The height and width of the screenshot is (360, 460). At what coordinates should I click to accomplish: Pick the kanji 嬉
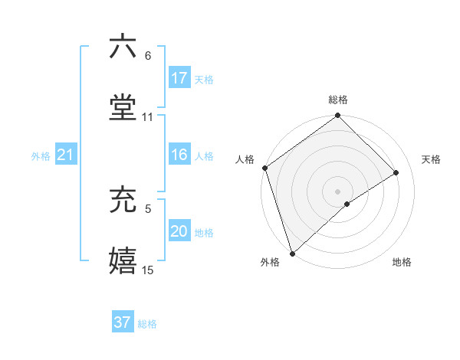pos(123,260)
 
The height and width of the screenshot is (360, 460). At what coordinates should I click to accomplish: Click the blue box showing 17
pos(179,78)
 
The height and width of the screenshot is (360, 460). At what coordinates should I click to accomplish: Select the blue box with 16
pos(179,155)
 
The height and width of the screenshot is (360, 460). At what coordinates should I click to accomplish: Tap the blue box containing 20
pos(179,232)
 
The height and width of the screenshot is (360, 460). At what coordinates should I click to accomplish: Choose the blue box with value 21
pos(65,155)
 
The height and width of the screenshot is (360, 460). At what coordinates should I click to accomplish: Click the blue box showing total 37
pos(122,322)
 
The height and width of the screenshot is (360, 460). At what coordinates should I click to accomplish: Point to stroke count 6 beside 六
pos(148,56)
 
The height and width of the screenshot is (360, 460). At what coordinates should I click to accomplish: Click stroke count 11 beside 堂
pos(148,116)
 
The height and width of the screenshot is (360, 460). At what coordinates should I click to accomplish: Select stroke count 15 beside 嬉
pos(148,270)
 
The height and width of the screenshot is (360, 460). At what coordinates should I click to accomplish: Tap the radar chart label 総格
pos(338,100)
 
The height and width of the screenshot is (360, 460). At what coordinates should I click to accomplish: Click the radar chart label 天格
pos(431,159)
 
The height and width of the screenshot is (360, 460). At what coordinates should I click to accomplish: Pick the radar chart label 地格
pos(402,262)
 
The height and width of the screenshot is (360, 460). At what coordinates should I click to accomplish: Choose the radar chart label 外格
pos(270,262)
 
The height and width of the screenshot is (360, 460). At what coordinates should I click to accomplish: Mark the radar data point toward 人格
pos(264,168)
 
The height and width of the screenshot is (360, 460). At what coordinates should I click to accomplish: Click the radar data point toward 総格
pos(338,117)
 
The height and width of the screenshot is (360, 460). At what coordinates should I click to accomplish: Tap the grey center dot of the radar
pos(337,191)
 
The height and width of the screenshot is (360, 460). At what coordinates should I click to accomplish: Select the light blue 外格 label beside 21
pos(41,156)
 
